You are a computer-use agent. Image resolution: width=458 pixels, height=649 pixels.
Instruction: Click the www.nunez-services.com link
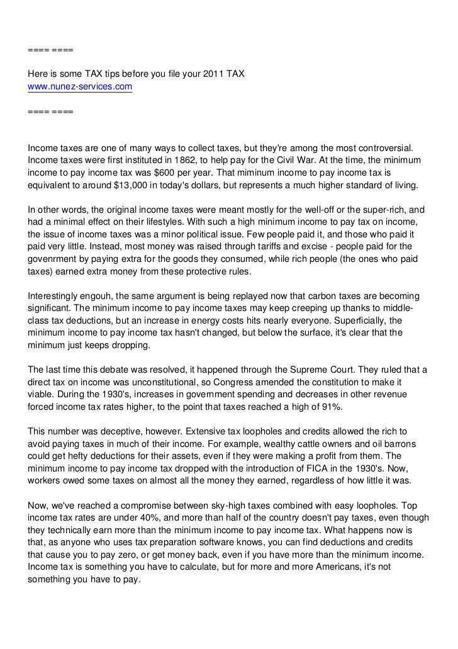pos(80,87)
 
